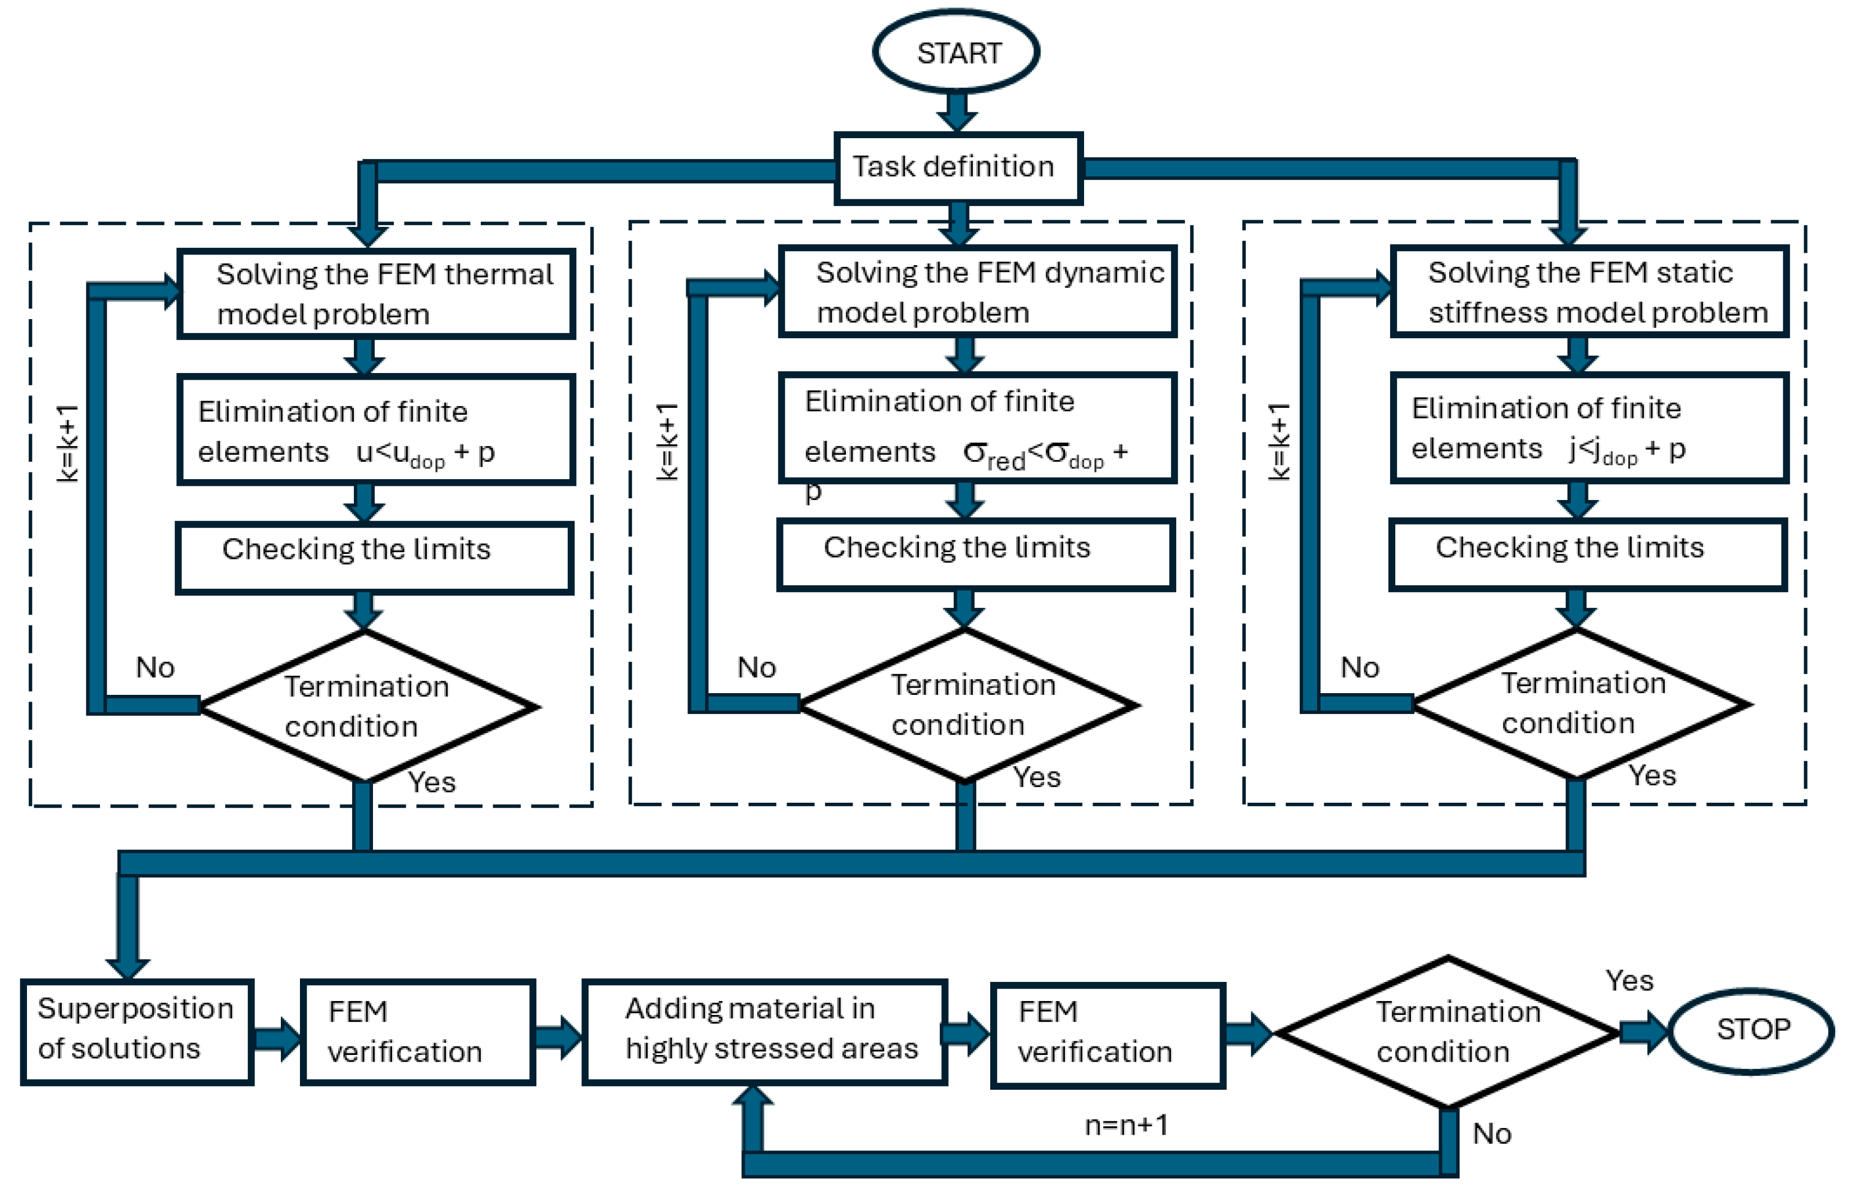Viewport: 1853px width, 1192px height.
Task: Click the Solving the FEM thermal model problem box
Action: pyautogui.click(x=376, y=294)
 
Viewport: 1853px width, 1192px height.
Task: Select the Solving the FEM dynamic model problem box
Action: pyautogui.click(x=977, y=292)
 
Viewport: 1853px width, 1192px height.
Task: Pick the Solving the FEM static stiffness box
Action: pyautogui.click(x=1588, y=292)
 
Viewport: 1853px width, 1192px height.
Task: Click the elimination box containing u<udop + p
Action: pyautogui.click(x=376, y=430)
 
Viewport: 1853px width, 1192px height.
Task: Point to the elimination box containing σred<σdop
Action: pyautogui.click(x=977, y=427)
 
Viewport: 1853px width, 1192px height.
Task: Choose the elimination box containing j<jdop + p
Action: pyautogui.click(x=1588, y=427)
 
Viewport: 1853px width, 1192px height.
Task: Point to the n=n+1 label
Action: pyautogui.click(x=1126, y=1125)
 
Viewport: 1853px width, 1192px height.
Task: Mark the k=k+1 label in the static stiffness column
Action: pyautogui.click(x=1278, y=442)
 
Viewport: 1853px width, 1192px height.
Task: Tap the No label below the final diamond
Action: pyautogui.click(x=1491, y=1134)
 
